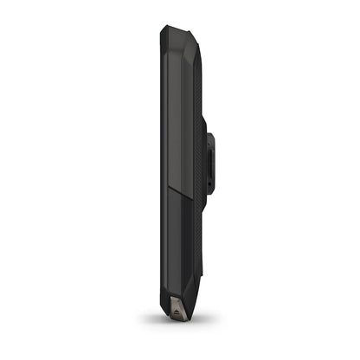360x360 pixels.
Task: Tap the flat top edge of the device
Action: [x=177, y=26]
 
